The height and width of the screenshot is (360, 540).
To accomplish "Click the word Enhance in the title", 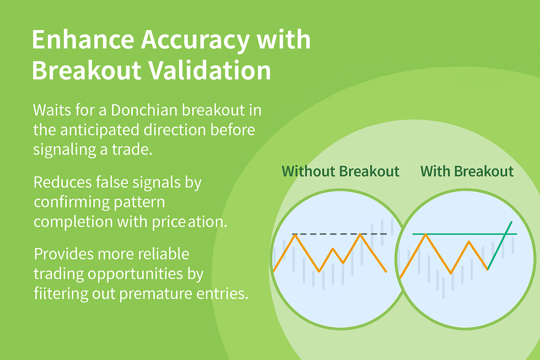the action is [x=83, y=39].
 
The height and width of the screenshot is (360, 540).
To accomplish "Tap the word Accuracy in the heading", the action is [x=195, y=41].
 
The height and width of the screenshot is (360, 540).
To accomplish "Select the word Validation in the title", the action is [x=209, y=70].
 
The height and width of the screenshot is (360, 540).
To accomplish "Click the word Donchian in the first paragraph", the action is [x=144, y=110].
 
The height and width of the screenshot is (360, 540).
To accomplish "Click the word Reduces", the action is [x=63, y=182].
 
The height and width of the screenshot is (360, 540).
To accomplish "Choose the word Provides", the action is [x=63, y=254].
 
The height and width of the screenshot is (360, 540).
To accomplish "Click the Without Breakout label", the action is [x=340, y=172].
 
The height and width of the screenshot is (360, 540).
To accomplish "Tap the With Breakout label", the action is [x=467, y=172].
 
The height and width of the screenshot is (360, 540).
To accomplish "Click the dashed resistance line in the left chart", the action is [x=339, y=234].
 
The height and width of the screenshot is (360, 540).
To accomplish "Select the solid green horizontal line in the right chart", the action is [x=464, y=234].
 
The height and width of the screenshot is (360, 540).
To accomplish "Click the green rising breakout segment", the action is [x=500, y=246].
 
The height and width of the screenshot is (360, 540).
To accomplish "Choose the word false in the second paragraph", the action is [x=112, y=182].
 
